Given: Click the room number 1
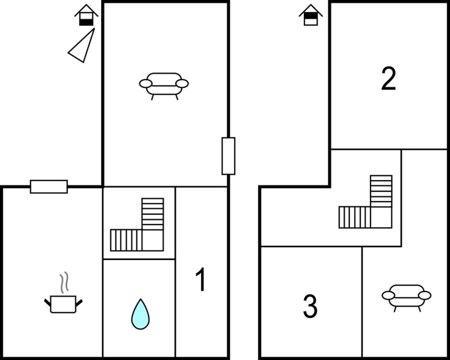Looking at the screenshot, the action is pyautogui.click(x=201, y=279).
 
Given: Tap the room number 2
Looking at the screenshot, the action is pyautogui.click(x=389, y=78).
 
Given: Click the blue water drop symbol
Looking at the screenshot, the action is pyautogui.click(x=140, y=314).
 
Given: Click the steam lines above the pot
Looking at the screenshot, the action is pyautogui.click(x=64, y=283).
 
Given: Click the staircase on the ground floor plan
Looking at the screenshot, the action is pyautogui.click(x=137, y=225).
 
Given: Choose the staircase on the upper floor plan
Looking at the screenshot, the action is pyautogui.click(x=366, y=202).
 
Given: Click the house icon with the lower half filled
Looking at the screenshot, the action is pyautogui.click(x=86, y=15).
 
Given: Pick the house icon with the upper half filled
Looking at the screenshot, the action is pyautogui.click(x=311, y=15).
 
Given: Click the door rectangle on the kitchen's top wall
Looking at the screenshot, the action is pyautogui.click(x=49, y=187).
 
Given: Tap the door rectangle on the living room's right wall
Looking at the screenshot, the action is pyautogui.click(x=228, y=156).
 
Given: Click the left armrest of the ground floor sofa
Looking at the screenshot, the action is pyautogui.click(x=146, y=83).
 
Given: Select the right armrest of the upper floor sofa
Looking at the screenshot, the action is pyautogui.click(x=425, y=295).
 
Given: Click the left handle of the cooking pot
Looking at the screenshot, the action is pyautogui.click(x=47, y=302).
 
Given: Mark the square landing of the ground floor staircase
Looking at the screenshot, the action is pyautogui.click(x=153, y=240).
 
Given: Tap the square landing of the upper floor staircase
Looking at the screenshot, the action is pyautogui.click(x=382, y=217).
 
